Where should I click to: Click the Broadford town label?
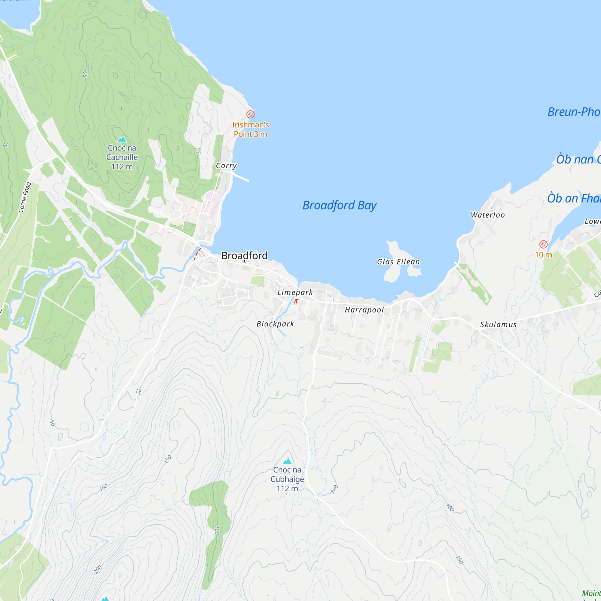(244, 255)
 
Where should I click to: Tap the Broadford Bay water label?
(339, 205)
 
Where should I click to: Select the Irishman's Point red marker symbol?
(250, 114)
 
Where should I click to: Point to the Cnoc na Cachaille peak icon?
(122, 139)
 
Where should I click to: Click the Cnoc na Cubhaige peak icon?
(287, 461)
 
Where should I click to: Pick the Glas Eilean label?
(398, 262)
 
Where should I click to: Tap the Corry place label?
(226, 166)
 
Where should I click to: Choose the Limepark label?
(295, 292)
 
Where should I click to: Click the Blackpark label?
(275, 324)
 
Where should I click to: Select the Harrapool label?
(364, 310)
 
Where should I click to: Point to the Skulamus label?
(498, 325)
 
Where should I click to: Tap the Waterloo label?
(487, 215)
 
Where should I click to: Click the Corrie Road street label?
(25, 197)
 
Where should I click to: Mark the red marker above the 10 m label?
(543, 244)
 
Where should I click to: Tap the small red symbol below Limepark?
(296, 301)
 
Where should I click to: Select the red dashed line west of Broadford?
(197, 254)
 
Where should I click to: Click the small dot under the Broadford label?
(244, 261)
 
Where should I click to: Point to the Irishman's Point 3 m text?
(250, 130)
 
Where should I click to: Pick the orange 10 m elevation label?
(543, 255)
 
